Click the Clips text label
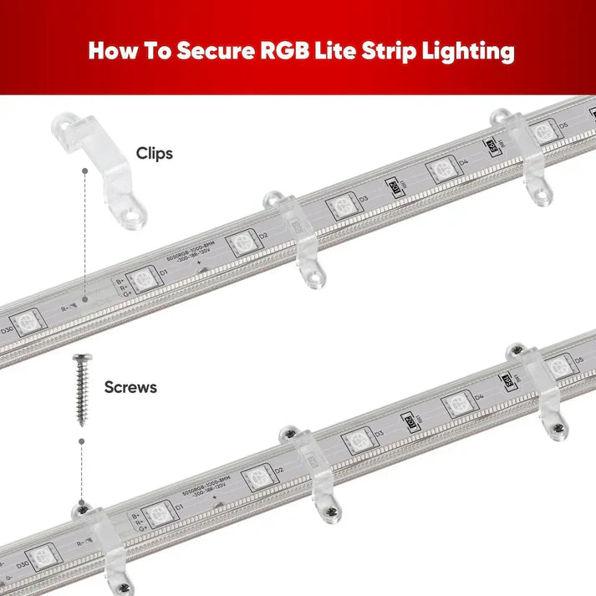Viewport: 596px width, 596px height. click(154, 154)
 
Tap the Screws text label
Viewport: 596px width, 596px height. click(130, 387)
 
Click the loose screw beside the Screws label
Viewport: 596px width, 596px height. click(82, 389)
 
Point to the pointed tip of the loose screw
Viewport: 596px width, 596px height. click(82, 424)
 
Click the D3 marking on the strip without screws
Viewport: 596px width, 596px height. click(363, 199)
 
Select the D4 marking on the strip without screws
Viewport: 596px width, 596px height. click(463, 161)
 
